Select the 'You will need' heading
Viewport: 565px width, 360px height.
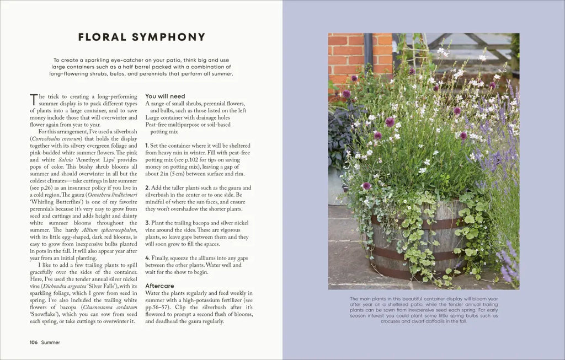click(x=166, y=96)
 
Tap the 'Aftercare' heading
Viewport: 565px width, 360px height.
click(x=160, y=286)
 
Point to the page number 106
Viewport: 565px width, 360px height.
click(x=33, y=342)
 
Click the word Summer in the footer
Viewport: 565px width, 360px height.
click(x=50, y=342)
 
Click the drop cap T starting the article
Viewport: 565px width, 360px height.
click(x=34, y=100)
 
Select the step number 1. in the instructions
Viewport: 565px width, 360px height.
click(x=147, y=145)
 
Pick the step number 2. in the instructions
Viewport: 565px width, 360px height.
click(x=147, y=188)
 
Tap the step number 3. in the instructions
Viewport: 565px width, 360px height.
click(x=147, y=222)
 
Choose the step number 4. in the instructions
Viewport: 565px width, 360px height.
click(x=147, y=257)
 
